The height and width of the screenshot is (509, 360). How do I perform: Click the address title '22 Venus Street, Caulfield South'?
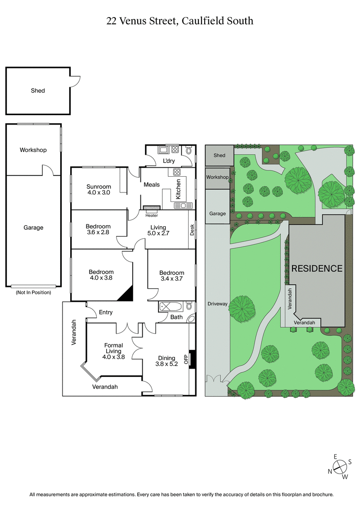180,21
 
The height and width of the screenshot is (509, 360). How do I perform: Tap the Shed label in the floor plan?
38,90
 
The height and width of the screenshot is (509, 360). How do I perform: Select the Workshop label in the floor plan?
33,150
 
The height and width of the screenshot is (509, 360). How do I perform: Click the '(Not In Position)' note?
33,292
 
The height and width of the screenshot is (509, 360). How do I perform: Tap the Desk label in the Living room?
192,230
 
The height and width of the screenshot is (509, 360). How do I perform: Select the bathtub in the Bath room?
170,307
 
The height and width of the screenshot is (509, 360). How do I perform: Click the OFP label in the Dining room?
185,359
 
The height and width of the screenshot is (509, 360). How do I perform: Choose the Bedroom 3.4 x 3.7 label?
171,276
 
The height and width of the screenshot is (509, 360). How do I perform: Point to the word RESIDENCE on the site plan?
317,268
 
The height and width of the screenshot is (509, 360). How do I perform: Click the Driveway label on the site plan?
217,304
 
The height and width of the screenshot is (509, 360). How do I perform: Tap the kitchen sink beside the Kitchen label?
183,205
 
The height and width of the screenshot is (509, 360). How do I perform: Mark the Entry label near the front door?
106,313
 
